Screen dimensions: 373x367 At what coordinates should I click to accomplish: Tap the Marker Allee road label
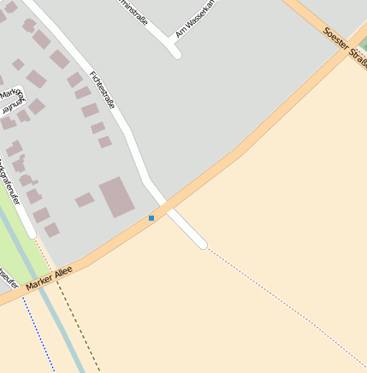[x=50, y=275]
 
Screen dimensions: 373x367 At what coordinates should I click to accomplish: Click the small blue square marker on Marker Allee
[x=151, y=218]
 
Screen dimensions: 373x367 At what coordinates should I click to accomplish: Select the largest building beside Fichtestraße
[x=118, y=197]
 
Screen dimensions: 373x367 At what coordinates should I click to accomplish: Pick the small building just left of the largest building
[x=85, y=200]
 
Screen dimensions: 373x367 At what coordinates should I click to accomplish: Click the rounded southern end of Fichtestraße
[x=202, y=245]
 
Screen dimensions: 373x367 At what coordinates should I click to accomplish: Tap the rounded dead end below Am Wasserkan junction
[x=175, y=54]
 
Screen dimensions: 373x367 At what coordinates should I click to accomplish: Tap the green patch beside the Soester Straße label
[x=363, y=44]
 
